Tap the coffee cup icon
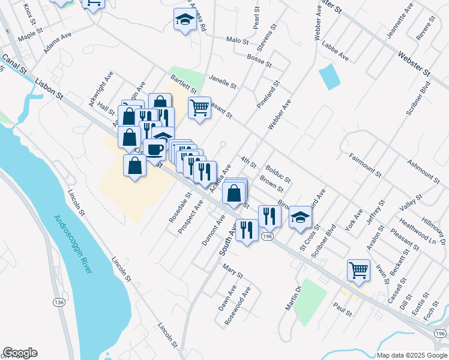coord(155,148)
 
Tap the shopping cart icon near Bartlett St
coord(199,108)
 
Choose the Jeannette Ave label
coord(400,21)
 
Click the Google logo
coord(20,353)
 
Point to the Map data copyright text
coord(411,355)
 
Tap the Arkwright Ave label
coord(101,90)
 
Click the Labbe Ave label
coord(335,54)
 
